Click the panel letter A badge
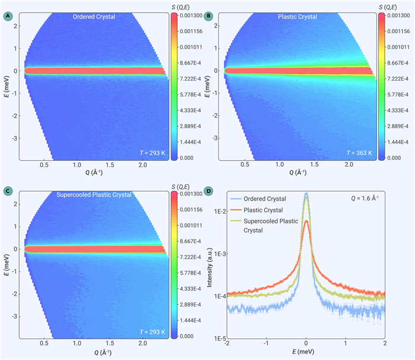[x=8, y=16]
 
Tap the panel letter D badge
[x=209, y=191]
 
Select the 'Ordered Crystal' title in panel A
[x=94, y=17]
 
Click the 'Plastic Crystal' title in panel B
[x=298, y=17]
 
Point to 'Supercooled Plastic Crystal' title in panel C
[x=94, y=195]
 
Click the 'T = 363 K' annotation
[x=359, y=153]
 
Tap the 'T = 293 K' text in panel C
[x=152, y=332]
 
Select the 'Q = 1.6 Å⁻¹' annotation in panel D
[x=365, y=198]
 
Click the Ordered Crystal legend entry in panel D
[x=258, y=199]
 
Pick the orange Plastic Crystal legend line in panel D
[x=236, y=210]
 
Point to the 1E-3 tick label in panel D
[x=219, y=254]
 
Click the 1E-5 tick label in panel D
[x=219, y=339]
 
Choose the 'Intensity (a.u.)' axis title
[x=210, y=267]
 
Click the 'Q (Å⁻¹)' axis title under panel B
[x=298, y=173]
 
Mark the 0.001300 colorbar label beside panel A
[x=191, y=15]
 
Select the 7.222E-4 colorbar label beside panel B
[x=398, y=79]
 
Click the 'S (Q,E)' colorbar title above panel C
[x=180, y=187]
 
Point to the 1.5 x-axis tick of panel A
[x=110, y=165]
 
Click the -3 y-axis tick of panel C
[x=15, y=317]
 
